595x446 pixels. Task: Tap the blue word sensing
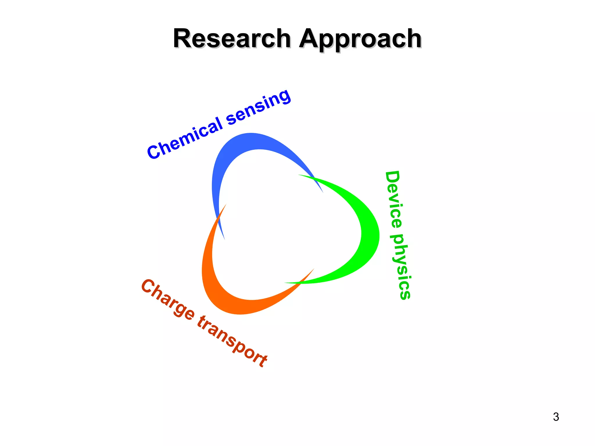click(x=258, y=107)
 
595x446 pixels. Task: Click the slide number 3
click(x=556, y=417)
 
